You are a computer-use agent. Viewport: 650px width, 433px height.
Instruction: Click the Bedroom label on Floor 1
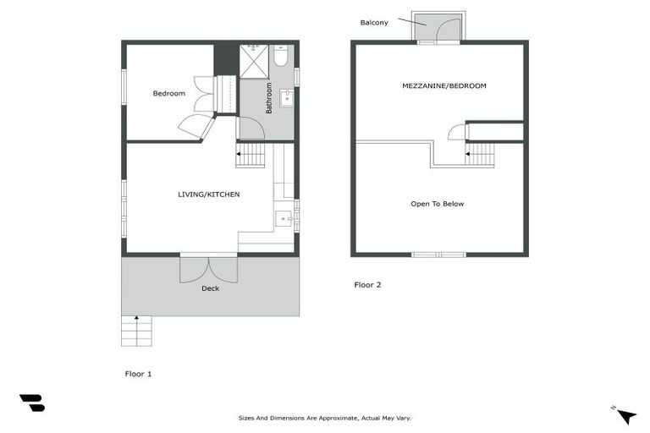click(x=168, y=93)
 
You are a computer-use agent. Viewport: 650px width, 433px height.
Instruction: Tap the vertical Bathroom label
click(x=269, y=98)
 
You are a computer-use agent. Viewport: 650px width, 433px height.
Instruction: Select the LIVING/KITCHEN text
click(x=208, y=195)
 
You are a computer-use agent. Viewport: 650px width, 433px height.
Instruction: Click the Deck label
click(x=210, y=288)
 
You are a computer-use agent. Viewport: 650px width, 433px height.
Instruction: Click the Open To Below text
click(x=437, y=204)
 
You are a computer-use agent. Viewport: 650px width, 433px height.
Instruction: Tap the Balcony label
click(x=374, y=23)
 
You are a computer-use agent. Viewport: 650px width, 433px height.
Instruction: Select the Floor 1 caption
click(x=138, y=373)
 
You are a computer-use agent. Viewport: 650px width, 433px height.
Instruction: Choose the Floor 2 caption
click(x=367, y=285)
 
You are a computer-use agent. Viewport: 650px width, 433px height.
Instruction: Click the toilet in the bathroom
click(x=282, y=58)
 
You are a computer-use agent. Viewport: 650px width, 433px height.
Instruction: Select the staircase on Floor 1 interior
click(x=251, y=155)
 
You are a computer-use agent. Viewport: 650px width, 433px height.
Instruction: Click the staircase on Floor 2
click(x=480, y=155)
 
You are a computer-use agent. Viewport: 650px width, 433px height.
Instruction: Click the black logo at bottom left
click(x=31, y=403)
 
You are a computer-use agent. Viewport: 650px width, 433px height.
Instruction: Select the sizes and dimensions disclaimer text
click(x=324, y=418)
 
